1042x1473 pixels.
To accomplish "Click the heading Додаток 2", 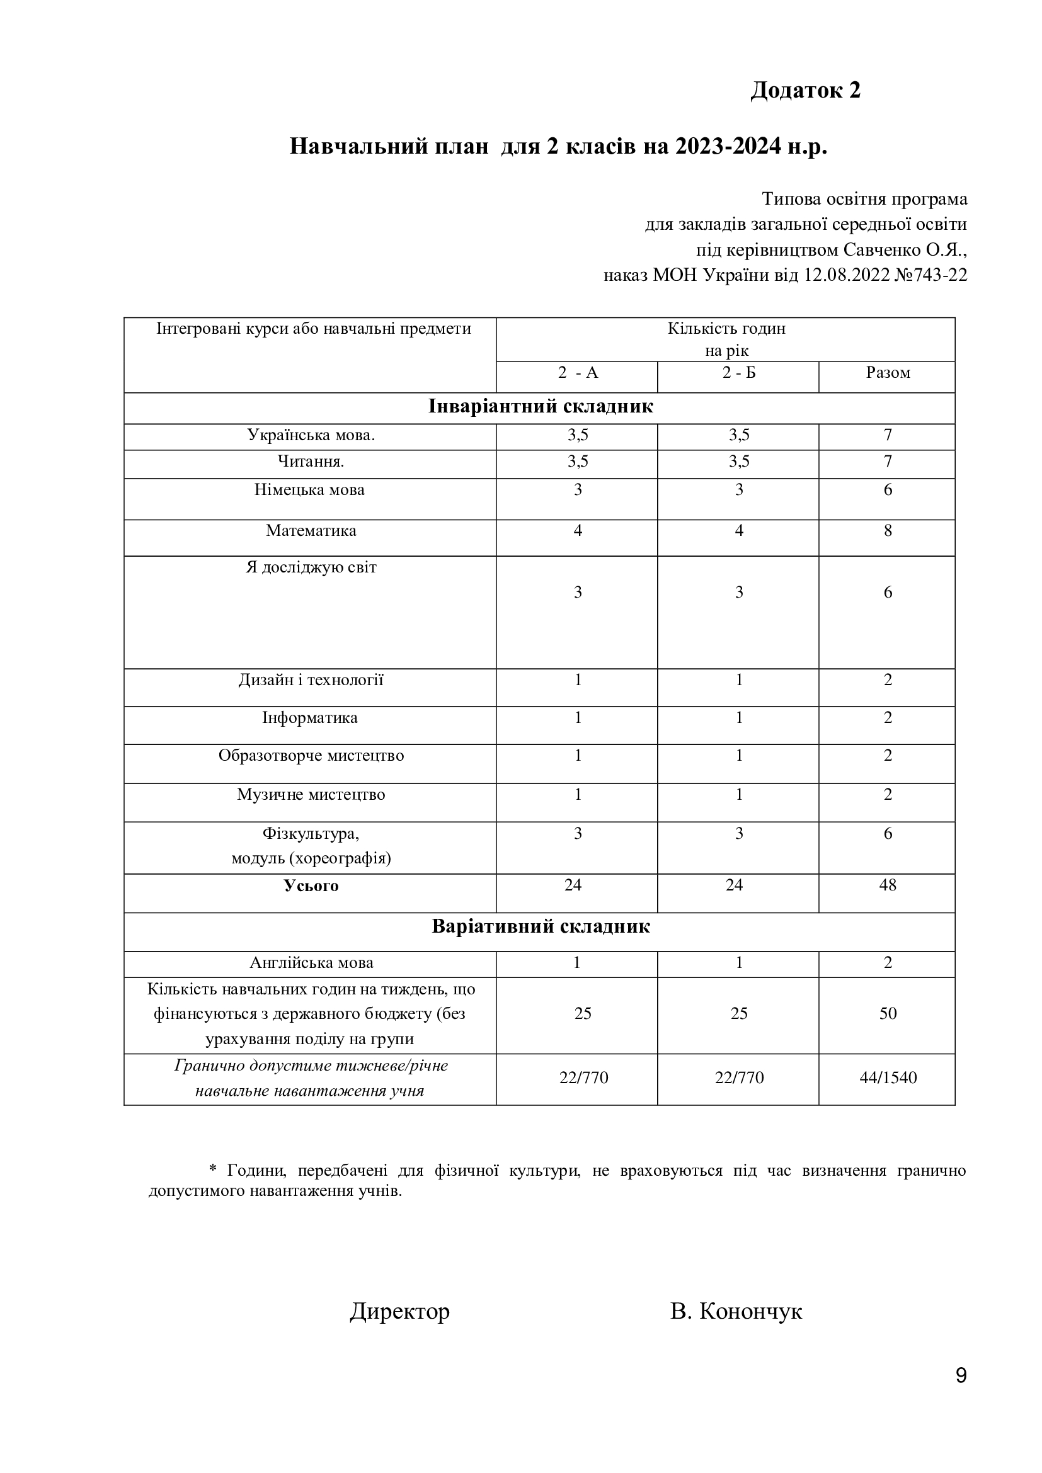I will (805, 91).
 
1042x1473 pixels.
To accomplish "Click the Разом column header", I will (888, 373).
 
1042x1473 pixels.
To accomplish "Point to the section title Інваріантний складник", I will (541, 407).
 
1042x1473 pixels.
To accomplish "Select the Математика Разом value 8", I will (888, 530).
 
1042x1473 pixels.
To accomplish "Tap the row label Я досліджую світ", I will (311, 567).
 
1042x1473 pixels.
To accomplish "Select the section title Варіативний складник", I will (541, 926).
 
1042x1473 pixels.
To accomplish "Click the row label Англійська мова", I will (311, 962).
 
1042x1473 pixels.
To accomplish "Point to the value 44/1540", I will (888, 1077).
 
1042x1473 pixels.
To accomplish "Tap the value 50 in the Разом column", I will (888, 1014).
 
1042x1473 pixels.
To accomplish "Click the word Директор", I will (400, 1311).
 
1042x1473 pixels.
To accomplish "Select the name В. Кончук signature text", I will (736, 1311).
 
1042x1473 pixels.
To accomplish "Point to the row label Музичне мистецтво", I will (311, 794).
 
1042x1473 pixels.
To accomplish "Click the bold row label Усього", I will (311, 886).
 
